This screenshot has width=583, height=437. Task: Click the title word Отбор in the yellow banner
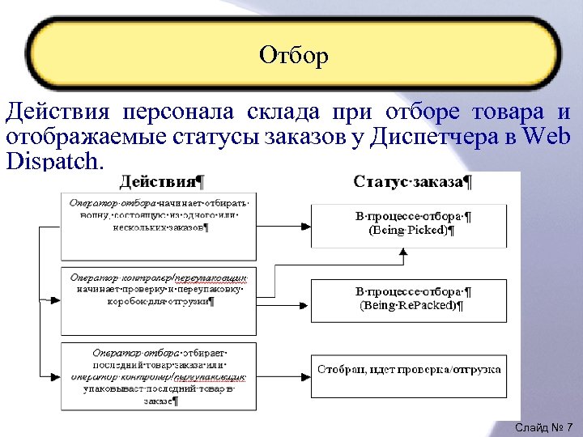point(294,55)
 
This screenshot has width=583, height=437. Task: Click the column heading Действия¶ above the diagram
point(163,181)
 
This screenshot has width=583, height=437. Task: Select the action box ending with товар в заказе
point(159,377)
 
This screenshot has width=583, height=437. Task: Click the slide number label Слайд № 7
point(543,426)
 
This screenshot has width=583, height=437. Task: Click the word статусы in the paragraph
point(216,136)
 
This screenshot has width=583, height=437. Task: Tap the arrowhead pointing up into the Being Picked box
point(402,253)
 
